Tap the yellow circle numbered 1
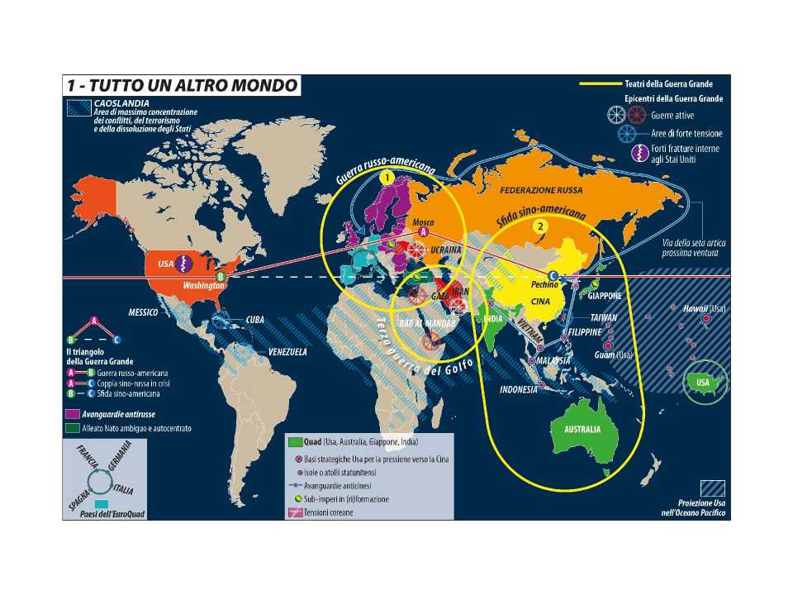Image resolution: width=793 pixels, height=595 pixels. point(387,177)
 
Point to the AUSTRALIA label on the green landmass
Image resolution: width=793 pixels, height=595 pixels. point(582,431)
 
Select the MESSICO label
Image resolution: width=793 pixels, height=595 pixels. point(144,313)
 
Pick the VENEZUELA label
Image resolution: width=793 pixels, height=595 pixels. point(286,352)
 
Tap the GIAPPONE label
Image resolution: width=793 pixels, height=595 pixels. point(605,295)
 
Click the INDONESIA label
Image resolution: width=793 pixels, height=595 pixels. point(519,389)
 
